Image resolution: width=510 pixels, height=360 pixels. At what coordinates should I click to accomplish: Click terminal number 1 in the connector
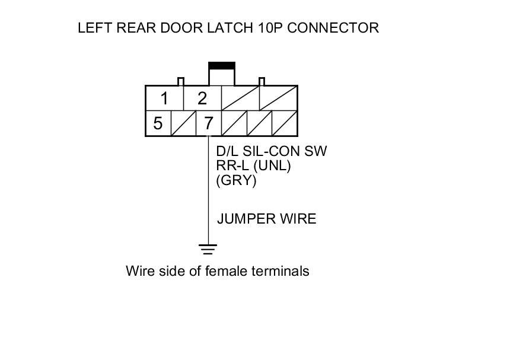pyautogui.click(x=164, y=98)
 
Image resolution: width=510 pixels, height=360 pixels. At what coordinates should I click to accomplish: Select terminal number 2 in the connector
pyautogui.click(x=202, y=98)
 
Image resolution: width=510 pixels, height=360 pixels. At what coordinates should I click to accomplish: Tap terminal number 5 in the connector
pyautogui.click(x=158, y=123)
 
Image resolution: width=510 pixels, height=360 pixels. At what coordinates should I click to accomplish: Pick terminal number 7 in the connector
pyautogui.click(x=208, y=123)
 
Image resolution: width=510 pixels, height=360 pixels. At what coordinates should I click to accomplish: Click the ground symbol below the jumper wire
pyautogui.click(x=208, y=249)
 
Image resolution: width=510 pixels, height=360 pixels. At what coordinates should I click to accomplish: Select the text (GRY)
pyautogui.click(x=237, y=181)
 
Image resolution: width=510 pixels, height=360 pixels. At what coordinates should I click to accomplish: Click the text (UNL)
pyautogui.click(x=270, y=167)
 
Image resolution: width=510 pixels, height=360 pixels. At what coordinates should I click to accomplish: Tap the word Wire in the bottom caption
pyautogui.click(x=138, y=272)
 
